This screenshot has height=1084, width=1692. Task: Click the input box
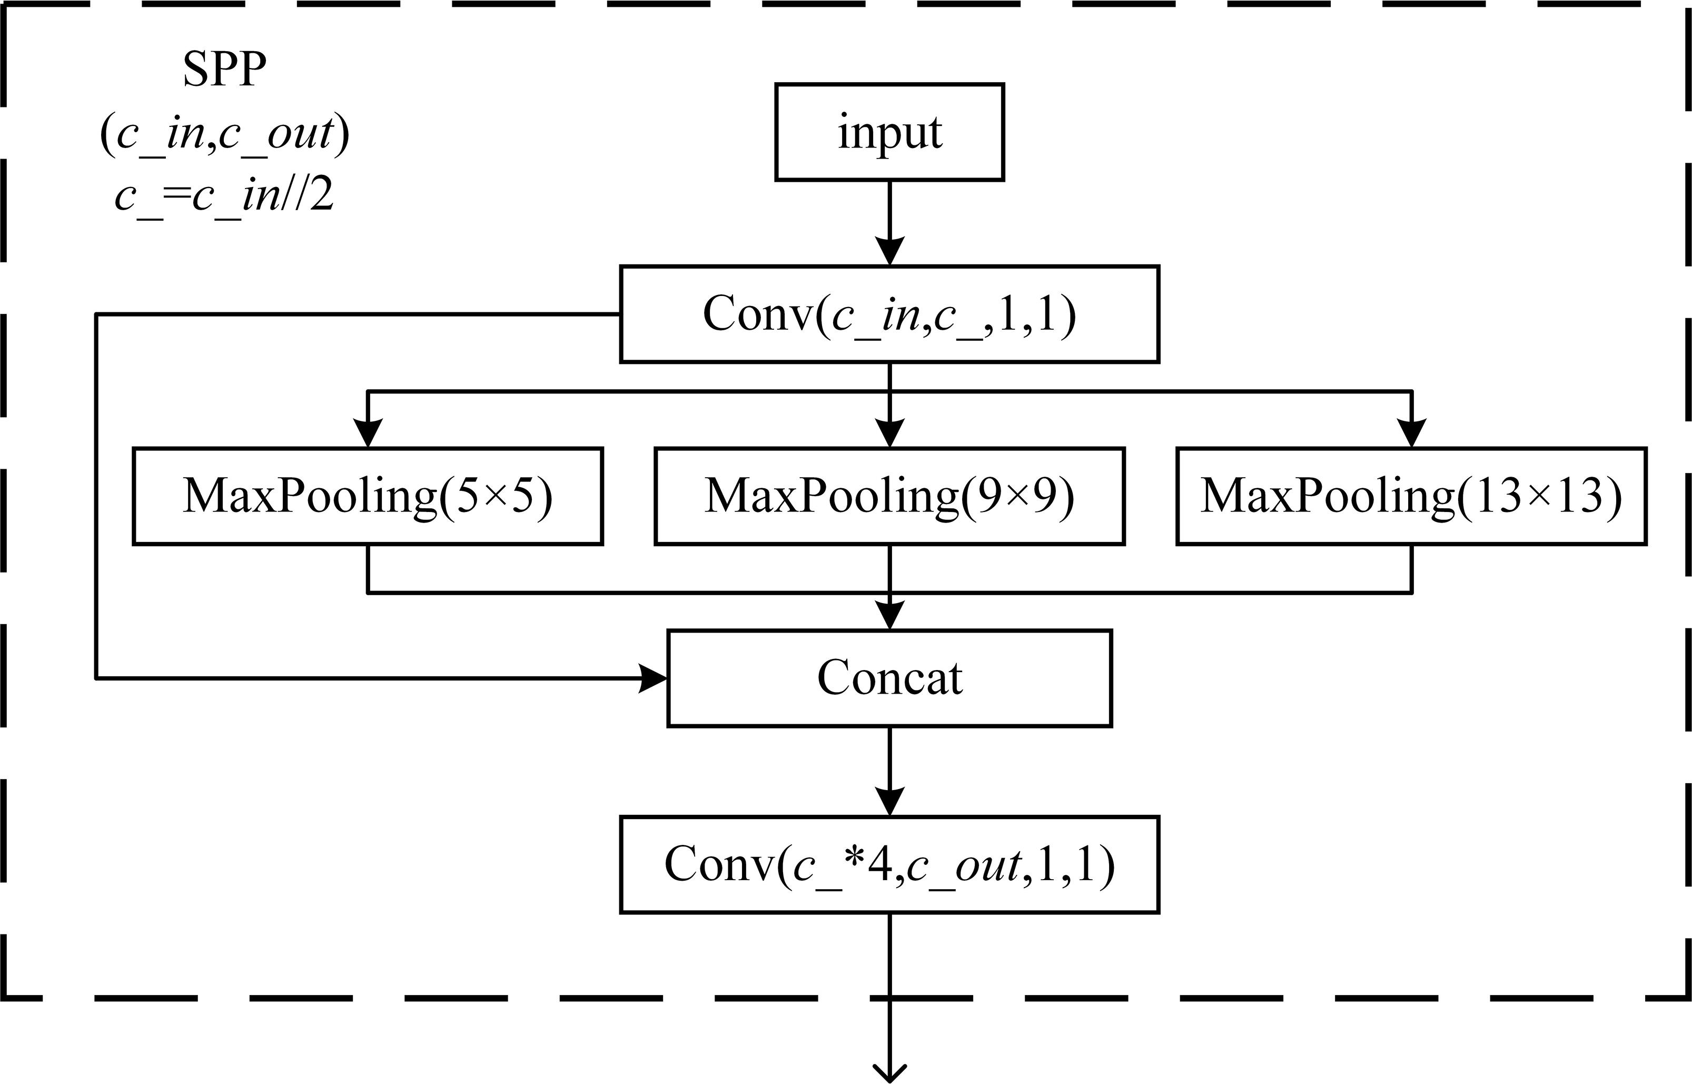click(889, 132)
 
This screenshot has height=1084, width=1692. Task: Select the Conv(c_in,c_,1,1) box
click(889, 314)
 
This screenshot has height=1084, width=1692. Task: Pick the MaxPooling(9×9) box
click(889, 496)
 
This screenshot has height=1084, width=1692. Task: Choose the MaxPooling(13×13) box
click(1411, 496)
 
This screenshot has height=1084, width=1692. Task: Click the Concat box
click(889, 678)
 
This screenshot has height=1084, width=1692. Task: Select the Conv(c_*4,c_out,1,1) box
click(889, 864)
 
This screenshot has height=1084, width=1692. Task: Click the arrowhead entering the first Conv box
click(890, 251)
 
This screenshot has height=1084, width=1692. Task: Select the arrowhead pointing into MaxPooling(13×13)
click(1411, 433)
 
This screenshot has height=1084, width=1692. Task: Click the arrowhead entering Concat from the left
click(653, 678)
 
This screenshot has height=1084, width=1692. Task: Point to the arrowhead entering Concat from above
click(890, 615)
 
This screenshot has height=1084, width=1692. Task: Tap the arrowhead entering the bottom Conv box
click(890, 802)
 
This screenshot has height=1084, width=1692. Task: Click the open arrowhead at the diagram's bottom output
click(890, 1071)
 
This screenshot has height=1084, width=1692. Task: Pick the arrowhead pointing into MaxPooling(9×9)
click(890, 433)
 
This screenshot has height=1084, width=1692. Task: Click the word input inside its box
click(889, 132)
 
